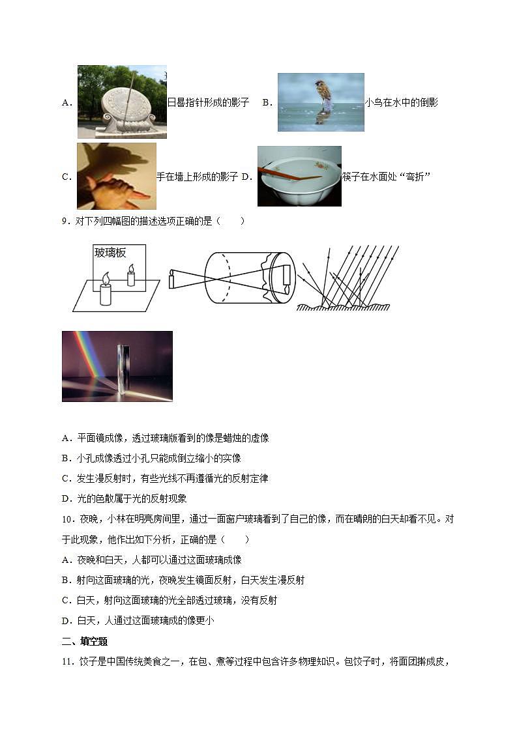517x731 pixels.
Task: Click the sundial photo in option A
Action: tap(122, 102)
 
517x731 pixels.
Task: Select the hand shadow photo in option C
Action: tap(116, 176)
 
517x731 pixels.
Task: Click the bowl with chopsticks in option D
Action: tap(299, 176)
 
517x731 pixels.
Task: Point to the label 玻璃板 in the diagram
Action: tap(110, 253)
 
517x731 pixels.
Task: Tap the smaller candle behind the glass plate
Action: tap(131, 276)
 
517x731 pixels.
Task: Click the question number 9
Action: tap(66, 221)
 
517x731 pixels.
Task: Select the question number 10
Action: tap(68, 519)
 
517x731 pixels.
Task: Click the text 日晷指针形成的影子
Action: tap(209, 102)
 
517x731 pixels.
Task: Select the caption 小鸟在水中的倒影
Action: tap(402, 102)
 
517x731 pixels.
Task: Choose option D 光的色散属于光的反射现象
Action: tap(125, 498)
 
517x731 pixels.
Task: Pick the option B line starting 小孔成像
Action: tap(152, 458)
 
